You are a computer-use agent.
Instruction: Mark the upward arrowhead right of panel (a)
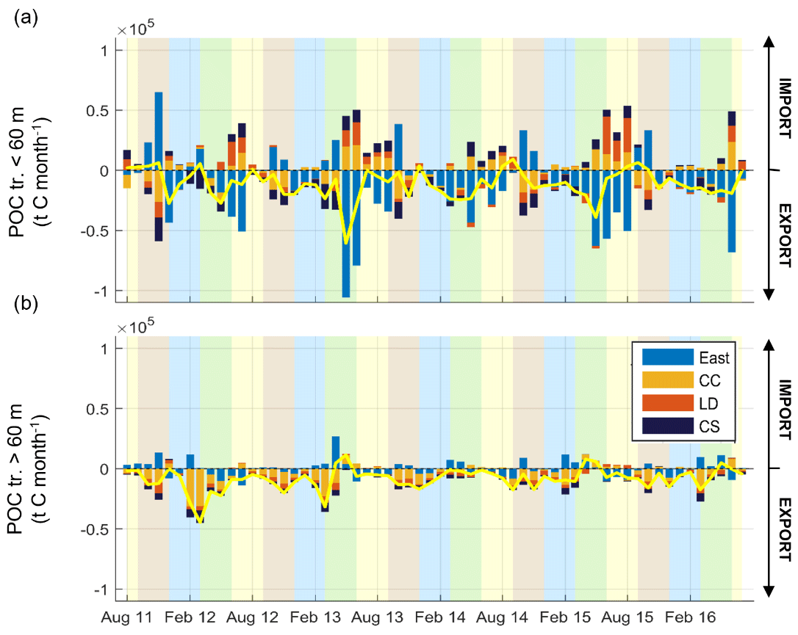click(x=769, y=43)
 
